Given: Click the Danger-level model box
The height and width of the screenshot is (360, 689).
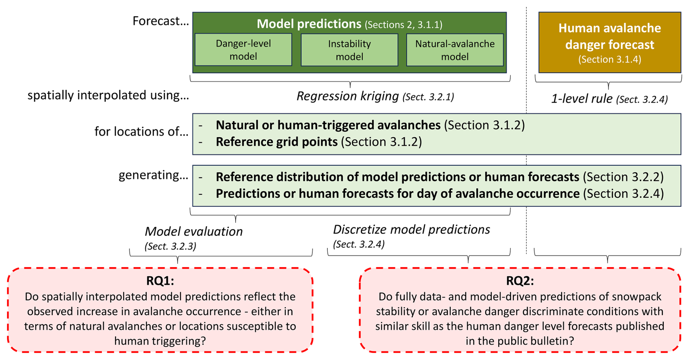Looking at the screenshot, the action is (243, 50).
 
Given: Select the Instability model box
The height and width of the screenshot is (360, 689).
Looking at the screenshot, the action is (349, 50).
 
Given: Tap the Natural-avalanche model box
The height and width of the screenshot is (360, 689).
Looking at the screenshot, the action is (455, 50).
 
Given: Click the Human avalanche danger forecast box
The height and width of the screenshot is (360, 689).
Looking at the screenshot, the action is (610, 42).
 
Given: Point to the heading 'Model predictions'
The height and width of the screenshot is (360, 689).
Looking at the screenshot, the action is (309, 24).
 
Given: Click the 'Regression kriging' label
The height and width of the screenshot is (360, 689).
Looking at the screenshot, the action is (348, 96).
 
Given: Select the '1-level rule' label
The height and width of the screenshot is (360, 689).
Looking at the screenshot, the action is (582, 99).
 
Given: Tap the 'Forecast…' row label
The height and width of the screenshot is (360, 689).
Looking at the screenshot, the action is (161, 21).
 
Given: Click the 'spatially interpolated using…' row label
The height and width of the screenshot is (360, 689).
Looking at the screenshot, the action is (108, 95).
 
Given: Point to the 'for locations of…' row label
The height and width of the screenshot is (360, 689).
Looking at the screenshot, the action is (142, 131).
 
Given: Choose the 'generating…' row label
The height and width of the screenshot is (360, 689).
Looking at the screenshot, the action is (153, 175).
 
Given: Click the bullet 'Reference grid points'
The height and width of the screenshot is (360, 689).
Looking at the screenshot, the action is (277, 142).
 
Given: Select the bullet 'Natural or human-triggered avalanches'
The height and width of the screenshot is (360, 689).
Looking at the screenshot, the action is (328, 125).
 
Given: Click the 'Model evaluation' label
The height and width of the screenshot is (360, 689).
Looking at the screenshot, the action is (194, 232).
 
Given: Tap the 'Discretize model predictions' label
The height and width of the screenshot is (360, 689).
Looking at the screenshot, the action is (412, 230).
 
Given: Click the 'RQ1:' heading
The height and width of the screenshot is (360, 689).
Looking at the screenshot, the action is (160, 281).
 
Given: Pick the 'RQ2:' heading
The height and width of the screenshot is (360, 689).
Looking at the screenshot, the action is (520, 281).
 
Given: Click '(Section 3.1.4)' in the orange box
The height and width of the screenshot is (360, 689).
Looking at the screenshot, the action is (610, 59).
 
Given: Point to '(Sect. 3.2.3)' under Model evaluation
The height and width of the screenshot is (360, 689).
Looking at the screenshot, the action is (170, 246).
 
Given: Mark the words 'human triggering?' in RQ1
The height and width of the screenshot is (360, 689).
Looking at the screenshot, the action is (160, 341).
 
